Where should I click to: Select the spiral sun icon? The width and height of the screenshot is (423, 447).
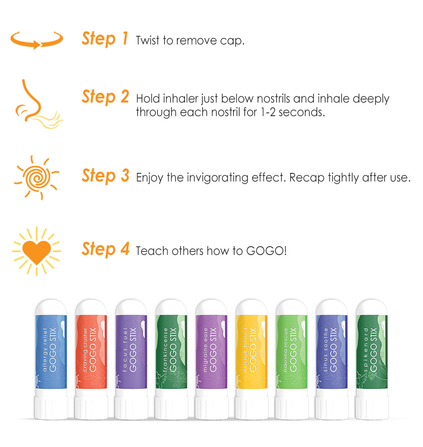37,177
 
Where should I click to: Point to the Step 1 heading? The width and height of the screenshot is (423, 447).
105,39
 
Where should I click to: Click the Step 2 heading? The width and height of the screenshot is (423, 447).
105,97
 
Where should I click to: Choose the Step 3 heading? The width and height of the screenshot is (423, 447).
105,175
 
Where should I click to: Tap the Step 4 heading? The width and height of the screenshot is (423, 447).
105,249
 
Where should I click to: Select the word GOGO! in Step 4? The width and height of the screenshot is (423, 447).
266,251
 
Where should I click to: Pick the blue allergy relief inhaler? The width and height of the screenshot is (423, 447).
51,359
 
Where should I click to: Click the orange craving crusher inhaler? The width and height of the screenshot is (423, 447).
91,359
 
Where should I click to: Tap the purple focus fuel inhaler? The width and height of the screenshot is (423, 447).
131,359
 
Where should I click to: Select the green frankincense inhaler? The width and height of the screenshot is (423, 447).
171,359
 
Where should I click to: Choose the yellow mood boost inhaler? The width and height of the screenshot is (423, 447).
252,359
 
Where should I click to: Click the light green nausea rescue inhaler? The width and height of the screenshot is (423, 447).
292,359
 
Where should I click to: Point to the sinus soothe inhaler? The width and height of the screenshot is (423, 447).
332,359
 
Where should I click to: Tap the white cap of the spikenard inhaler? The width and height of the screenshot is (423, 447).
372,307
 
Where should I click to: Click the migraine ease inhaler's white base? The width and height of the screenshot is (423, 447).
212,404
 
